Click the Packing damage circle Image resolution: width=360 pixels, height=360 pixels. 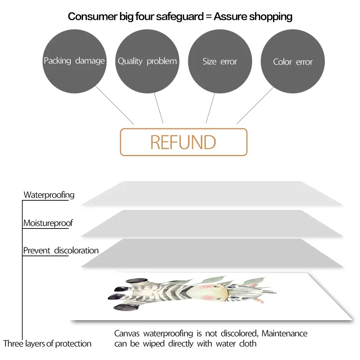click(74, 61)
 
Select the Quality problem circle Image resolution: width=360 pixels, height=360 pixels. click(147, 61)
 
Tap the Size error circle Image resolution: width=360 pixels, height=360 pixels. click(220, 61)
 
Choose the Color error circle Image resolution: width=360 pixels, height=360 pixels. click(293, 61)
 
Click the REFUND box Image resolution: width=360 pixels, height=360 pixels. click(184, 142)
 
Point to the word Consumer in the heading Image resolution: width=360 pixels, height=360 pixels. click(93, 16)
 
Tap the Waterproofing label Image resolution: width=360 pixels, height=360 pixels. click(49, 195)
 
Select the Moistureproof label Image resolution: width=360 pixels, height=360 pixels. click(48, 223)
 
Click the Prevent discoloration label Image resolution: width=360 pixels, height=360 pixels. click(61, 250)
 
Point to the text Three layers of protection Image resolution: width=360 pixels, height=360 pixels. click(47, 344)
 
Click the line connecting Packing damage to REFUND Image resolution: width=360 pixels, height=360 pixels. click(115, 105)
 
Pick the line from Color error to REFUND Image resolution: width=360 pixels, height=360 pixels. click(255, 106)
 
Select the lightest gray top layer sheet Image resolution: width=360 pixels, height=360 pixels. click(212, 193)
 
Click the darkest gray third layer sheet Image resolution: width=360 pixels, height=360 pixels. click(212, 253)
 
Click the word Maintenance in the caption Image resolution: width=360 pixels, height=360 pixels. click(284, 333)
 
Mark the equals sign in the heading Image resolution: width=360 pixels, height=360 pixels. click(209, 16)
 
